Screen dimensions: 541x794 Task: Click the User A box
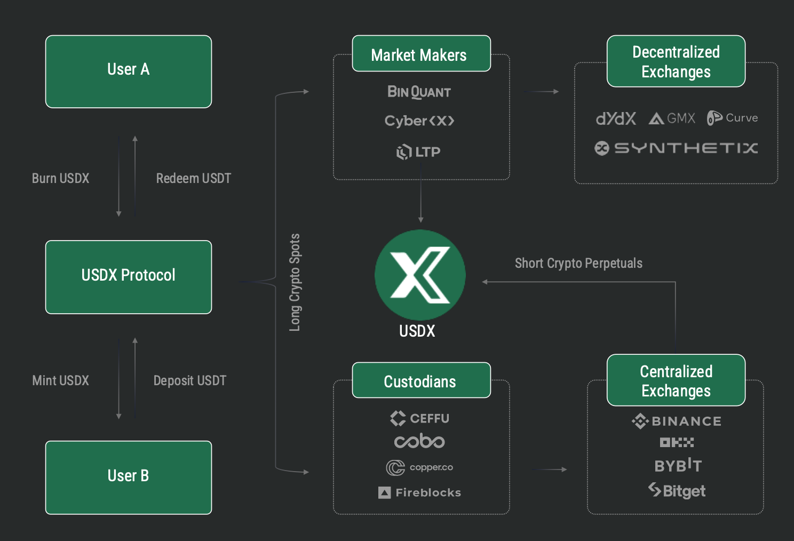point(129,71)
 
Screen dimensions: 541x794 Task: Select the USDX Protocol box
point(129,277)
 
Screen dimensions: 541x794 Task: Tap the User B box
point(129,477)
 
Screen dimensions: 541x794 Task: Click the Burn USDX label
point(60,178)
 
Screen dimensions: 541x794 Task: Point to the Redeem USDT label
point(193,178)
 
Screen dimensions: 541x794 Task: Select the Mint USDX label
point(60,380)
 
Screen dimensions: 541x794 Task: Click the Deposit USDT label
point(190,380)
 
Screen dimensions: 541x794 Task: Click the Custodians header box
point(421,380)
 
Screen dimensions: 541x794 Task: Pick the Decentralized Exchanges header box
point(676,61)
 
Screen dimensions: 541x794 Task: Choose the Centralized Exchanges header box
point(676,380)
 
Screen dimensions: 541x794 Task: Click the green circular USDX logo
point(420,275)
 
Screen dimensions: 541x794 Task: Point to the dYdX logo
point(616,118)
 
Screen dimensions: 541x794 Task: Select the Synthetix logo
point(676,148)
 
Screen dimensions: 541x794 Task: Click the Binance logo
point(676,421)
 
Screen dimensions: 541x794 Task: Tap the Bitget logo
point(677,490)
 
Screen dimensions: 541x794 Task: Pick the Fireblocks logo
point(419,492)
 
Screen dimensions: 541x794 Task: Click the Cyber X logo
point(419,121)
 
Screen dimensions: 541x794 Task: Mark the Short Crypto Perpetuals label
point(578,263)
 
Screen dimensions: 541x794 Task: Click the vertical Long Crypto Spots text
point(295,282)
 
